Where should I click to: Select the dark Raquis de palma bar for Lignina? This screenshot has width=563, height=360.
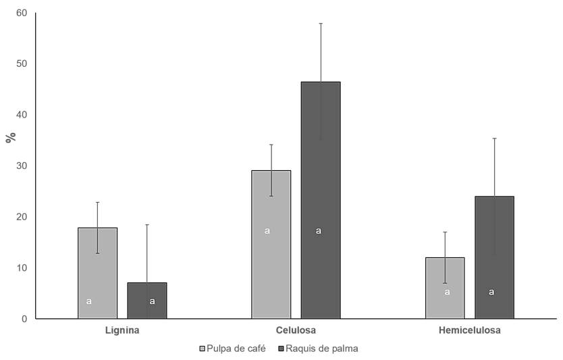tap(147, 301)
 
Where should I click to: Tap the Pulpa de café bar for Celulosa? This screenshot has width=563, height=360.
tap(271, 244)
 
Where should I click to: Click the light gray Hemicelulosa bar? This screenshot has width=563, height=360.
tap(445, 288)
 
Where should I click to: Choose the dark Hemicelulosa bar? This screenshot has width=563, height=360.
tap(494, 257)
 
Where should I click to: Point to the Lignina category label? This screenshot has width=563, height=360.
tap(122, 331)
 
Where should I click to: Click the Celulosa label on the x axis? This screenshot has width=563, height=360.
tap(296, 331)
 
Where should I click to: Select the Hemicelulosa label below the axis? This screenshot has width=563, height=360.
tap(469, 331)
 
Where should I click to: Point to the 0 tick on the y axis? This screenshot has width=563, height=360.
tap(24, 319)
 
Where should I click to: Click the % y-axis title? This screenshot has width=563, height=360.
tap(10, 138)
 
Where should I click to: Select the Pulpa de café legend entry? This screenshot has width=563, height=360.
tap(232, 349)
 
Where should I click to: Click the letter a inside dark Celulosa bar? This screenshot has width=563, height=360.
tap(319, 231)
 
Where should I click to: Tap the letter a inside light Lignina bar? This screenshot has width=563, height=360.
tap(89, 301)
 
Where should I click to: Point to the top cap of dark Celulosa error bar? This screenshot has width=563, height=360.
tap(321, 23)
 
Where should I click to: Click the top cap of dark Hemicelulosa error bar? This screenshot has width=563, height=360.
tap(494, 138)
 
